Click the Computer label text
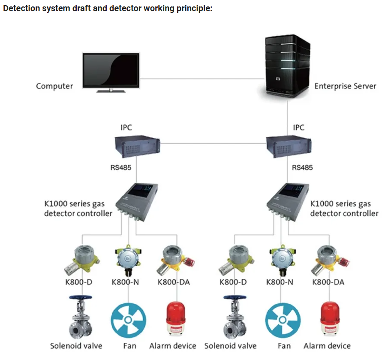[x=54, y=86]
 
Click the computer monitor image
[x=111, y=71]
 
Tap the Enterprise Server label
[x=345, y=86]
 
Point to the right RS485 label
[x=302, y=167]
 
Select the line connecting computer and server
[x=202, y=79]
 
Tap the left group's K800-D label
[x=79, y=282]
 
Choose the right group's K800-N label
[x=280, y=282]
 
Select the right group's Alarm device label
[x=327, y=346]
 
